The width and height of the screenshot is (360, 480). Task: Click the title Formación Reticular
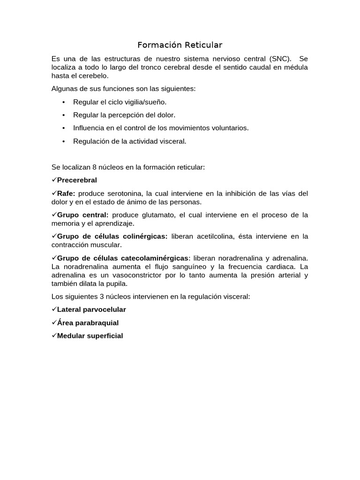180,45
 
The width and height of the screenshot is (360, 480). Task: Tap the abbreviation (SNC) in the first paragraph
280,59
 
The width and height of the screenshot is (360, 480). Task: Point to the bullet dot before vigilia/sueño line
63,102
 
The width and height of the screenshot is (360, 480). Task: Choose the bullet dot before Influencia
63,128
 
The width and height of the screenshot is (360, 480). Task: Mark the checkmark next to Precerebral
54,180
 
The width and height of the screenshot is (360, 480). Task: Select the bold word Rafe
66,193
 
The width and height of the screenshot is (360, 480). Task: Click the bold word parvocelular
104,309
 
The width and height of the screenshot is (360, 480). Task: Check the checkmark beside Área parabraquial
54,322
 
